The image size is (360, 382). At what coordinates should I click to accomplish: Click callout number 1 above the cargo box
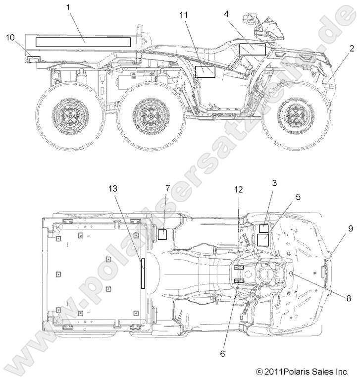(68, 7)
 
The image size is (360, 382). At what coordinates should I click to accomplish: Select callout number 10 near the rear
(10, 37)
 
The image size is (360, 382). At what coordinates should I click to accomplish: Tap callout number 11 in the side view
(184, 15)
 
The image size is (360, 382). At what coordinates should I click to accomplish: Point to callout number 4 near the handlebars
(226, 13)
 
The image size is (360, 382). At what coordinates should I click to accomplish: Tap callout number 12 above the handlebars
(239, 189)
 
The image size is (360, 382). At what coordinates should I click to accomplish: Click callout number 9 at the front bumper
(351, 228)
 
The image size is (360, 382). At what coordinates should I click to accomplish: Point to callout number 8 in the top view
(348, 298)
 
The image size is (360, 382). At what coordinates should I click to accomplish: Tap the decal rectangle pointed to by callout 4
(253, 49)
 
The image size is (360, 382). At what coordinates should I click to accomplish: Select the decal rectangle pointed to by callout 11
(205, 71)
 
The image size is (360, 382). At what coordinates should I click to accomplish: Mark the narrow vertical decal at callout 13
(143, 273)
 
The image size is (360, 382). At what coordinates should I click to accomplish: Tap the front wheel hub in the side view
(290, 117)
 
